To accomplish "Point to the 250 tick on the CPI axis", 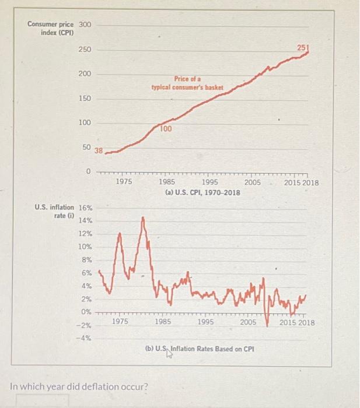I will [85, 51].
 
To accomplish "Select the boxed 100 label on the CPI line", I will [166, 129].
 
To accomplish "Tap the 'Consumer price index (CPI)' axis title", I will [50, 28].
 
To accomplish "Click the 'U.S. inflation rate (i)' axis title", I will [54, 211].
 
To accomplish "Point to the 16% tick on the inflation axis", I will [85, 207].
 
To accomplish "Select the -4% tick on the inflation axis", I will [85, 337].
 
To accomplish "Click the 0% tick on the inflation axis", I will [86, 311].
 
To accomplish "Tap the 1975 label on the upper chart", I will [123, 182].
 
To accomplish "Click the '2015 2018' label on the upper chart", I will [302, 182].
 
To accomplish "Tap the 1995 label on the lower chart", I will [207, 322].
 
